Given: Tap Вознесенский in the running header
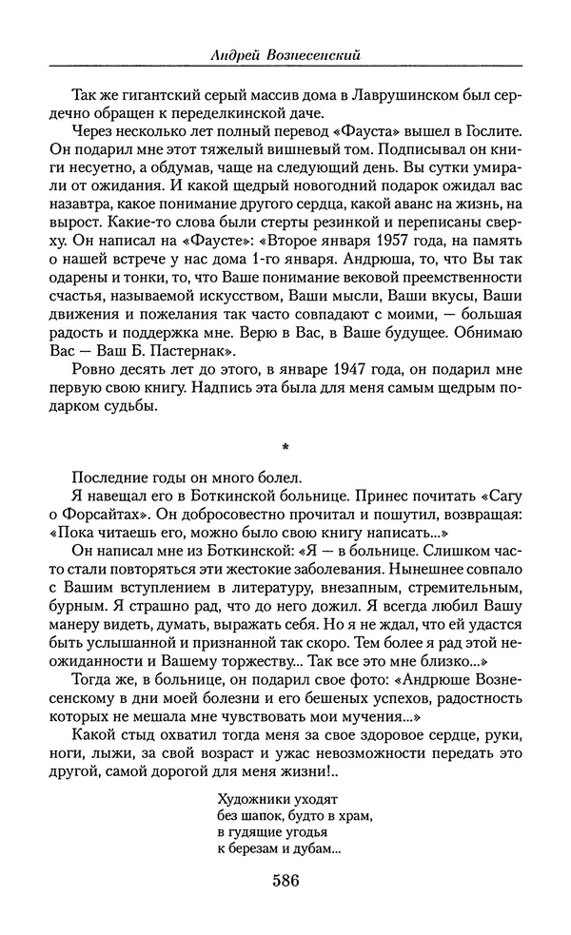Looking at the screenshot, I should click(306, 56).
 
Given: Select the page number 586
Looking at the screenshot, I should click(285, 881).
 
